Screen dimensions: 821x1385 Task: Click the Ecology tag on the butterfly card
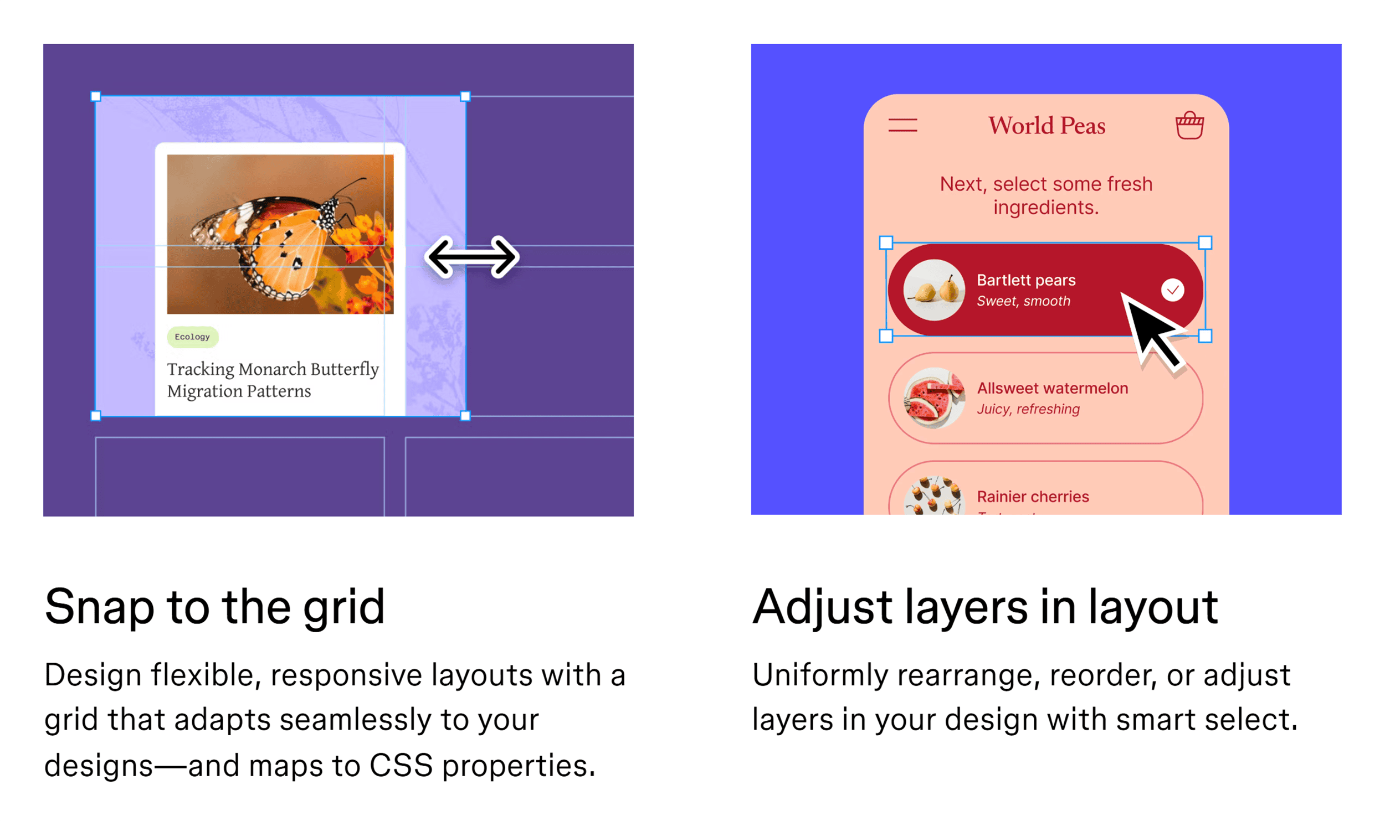[192, 337]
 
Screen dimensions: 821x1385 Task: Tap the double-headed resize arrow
[472, 257]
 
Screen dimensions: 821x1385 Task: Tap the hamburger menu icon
[902, 125]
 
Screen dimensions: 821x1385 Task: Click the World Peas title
[1046, 126]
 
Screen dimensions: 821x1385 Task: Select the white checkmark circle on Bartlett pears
[1172, 290]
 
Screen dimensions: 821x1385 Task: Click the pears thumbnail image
[934, 290]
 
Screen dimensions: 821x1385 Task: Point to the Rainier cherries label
[1033, 497]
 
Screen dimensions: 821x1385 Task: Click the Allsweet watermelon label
[1052, 388]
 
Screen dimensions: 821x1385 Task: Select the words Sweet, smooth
[1023, 301]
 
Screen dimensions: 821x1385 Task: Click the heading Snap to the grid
[214, 607]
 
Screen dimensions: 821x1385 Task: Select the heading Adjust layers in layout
[984, 607]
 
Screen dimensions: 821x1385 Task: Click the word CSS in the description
[401, 766]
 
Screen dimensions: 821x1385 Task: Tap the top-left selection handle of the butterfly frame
[96, 97]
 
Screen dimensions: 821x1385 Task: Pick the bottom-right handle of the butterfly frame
[465, 416]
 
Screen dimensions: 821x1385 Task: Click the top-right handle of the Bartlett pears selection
[1205, 242]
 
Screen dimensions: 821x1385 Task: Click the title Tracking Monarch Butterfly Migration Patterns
[273, 380]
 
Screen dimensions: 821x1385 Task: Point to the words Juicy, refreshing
[1028, 409]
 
